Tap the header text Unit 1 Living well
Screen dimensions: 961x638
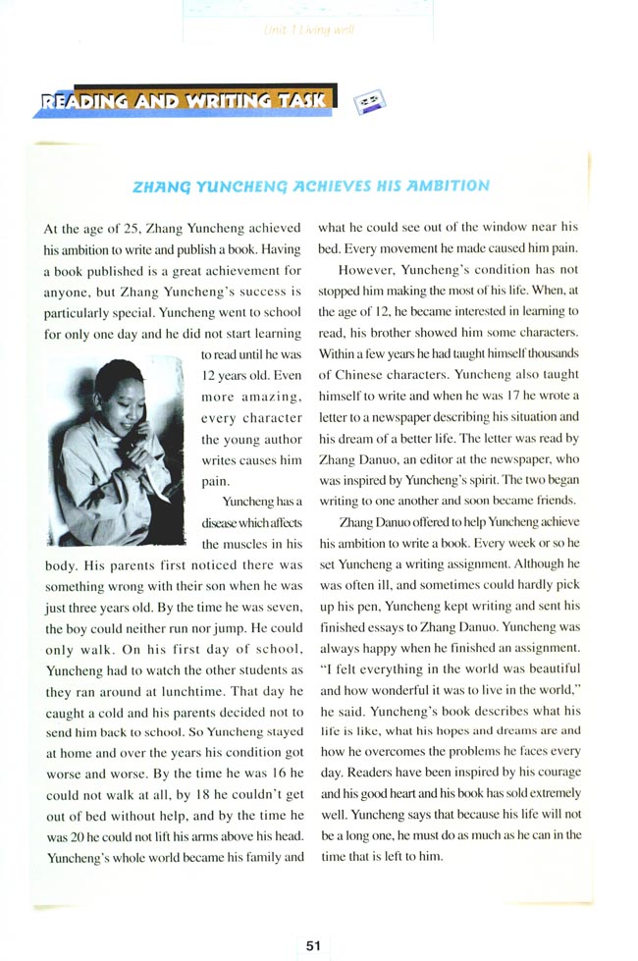pos(309,30)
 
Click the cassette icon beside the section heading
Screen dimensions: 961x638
pos(370,98)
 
